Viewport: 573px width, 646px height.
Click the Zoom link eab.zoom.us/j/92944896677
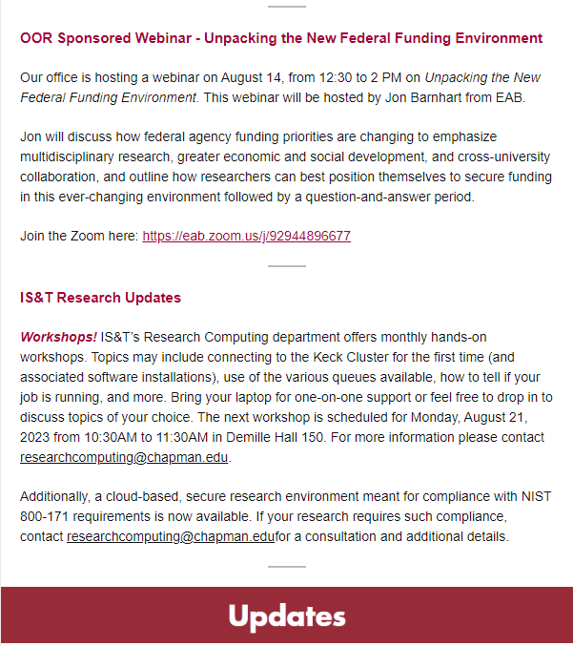click(246, 236)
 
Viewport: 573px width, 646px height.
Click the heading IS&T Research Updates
click(100, 298)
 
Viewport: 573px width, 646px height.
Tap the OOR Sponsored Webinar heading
click(280, 38)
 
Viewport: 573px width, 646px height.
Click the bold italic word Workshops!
click(58, 337)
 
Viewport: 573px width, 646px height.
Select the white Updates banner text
click(286, 616)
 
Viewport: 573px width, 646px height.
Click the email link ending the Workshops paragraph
click(124, 457)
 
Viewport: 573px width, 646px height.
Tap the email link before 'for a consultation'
click(171, 536)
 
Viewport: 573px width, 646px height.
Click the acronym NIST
click(534, 496)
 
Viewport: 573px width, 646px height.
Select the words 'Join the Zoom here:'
click(79, 236)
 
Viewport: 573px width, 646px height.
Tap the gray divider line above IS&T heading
click(286, 266)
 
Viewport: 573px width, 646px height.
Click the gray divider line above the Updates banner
click(286, 567)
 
